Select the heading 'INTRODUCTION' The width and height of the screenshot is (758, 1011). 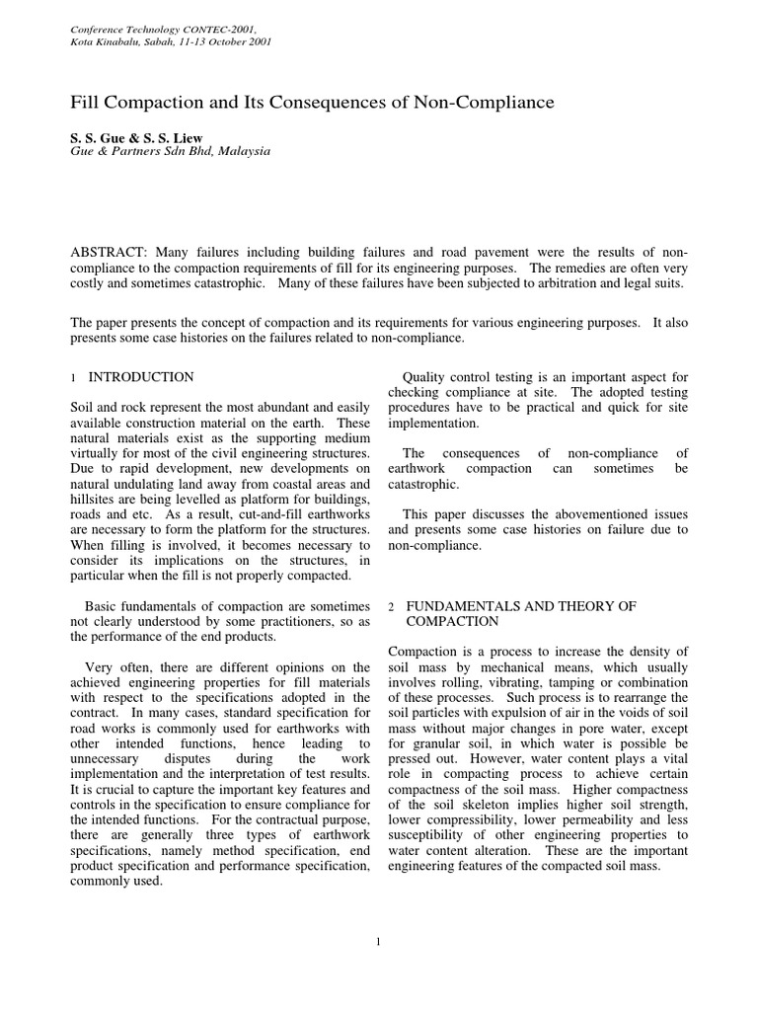[x=141, y=377]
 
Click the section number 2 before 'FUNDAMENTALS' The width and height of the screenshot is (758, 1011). [x=392, y=605]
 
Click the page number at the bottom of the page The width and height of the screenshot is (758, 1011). [x=378, y=941]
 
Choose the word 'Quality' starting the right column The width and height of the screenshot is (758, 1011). [x=429, y=377]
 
